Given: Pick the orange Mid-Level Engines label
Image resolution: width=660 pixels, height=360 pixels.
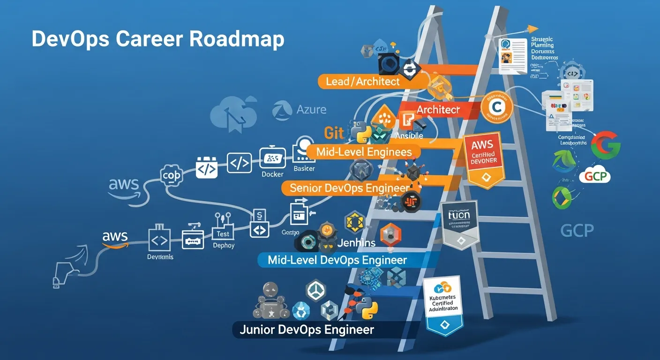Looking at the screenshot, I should [x=364, y=152].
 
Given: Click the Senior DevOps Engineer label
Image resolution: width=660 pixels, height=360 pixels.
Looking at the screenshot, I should [x=349, y=188].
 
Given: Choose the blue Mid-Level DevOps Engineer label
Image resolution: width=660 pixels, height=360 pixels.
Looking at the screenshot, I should [x=337, y=260].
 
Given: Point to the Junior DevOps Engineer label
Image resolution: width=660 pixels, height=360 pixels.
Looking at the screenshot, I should [x=307, y=330].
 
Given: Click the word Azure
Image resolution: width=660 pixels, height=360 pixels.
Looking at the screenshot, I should [x=311, y=110].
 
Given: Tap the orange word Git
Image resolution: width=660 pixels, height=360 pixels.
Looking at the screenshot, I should [x=334, y=133].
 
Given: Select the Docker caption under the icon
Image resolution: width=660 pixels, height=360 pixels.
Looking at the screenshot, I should [x=272, y=174].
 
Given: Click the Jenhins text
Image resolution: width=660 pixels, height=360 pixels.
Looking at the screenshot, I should [x=356, y=242].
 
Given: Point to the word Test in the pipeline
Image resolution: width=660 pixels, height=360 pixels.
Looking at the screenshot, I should [x=223, y=233].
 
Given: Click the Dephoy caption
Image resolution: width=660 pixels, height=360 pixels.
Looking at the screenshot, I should [x=224, y=245].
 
